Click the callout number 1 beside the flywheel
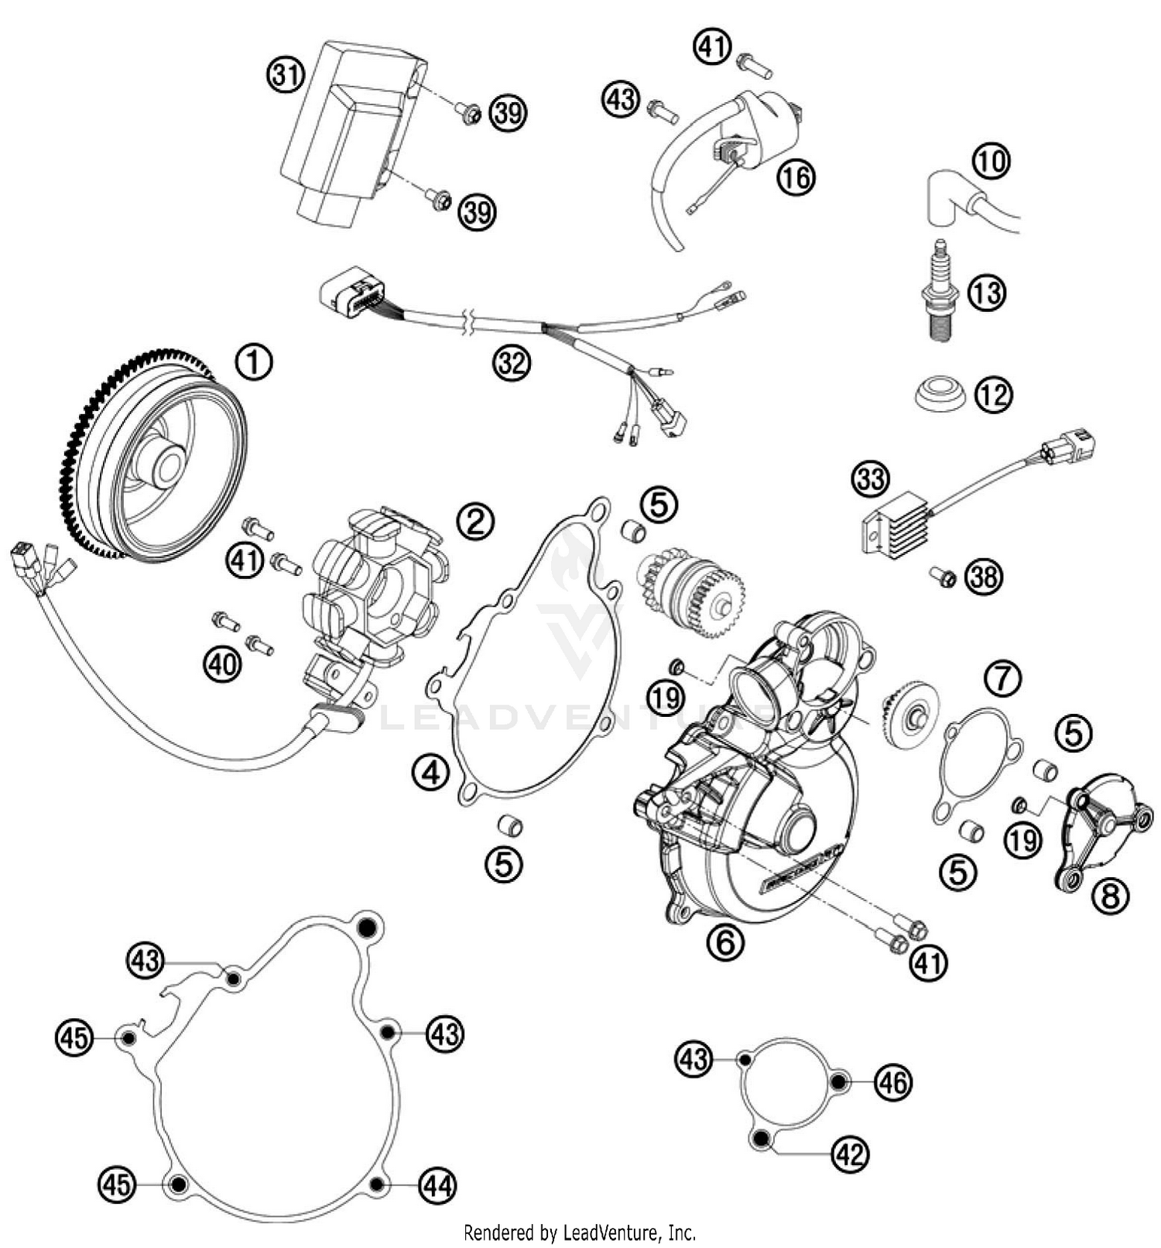pyautogui.click(x=255, y=362)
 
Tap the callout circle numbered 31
pyautogui.click(x=286, y=76)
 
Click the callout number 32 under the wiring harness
pyautogui.click(x=512, y=362)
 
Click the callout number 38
pyautogui.click(x=984, y=578)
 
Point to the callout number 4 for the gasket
pyautogui.click(x=430, y=772)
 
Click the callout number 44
pyautogui.click(x=438, y=1185)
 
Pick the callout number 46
pyautogui.click(x=893, y=1082)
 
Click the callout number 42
pyautogui.click(x=850, y=1154)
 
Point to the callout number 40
pyautogui.click(x=222, y=663)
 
